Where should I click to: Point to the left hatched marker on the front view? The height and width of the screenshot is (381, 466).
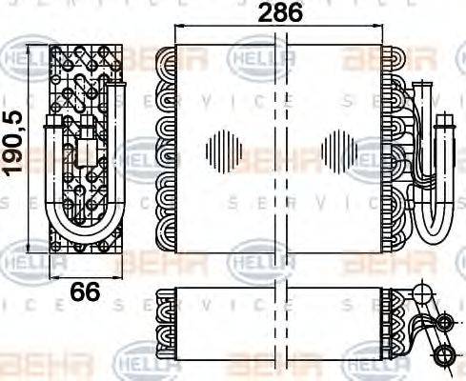click(x=226, y=150)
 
